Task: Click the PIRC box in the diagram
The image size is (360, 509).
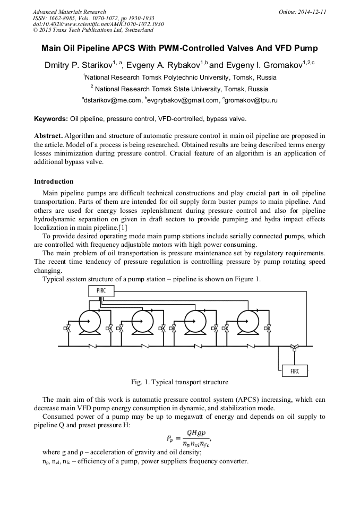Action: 101,291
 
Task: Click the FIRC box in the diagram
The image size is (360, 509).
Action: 294,371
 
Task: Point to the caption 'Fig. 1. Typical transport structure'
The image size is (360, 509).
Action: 179,382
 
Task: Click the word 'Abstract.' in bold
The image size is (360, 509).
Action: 48,136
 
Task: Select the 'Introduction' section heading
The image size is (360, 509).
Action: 54,182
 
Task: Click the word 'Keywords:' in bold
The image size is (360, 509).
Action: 51,118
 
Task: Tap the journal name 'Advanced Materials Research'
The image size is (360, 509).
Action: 69,12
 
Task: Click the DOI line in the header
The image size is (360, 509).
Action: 98,24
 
